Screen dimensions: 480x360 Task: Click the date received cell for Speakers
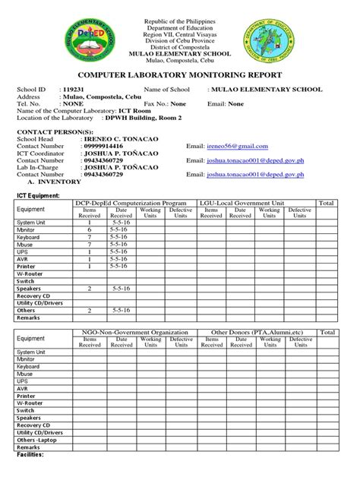[x=121, y=289]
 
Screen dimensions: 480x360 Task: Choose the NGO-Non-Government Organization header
[x=130, y=333]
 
